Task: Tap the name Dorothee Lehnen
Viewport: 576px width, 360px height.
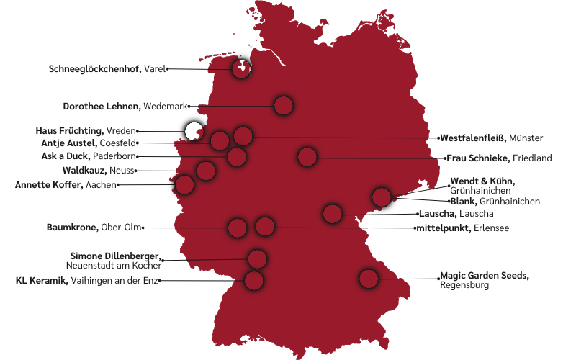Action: pyautogui.click(x=102, y=107)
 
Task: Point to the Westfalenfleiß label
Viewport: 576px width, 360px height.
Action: pyautogui.click(x=472, y=138)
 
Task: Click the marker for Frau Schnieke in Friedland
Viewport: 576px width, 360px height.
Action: pyautogui.click(x=307, y=157)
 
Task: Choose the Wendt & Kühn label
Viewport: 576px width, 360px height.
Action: pyautogui.click(x=482, y=181)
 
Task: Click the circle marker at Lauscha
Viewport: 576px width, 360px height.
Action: pyautogui.click(x=332, y=213)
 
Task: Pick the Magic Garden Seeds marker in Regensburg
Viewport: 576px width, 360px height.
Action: pyautogui.click(x=369, y=279)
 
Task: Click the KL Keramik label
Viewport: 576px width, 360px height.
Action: pyautogui.click(x=42, y=281)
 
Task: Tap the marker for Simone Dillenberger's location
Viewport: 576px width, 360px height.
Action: pyautogui.click(x=257, y=259)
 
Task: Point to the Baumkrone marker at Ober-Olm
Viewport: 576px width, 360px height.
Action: pyautogui.click(x=237, y=228)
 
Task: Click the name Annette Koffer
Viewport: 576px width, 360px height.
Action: pyautogui.click(x=48, y=185)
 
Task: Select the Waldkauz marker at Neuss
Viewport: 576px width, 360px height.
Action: pyautogui.click(x=206, y=171)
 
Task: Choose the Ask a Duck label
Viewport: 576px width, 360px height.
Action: pyautogui.click(x=66, y=156)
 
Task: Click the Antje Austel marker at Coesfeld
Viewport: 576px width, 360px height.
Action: pyautogui.click(x=220, y=140)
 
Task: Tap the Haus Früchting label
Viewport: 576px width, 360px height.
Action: pyautogui.click(x=69, y=131)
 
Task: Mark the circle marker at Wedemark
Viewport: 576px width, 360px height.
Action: pyautogui.click(x=284, y=106)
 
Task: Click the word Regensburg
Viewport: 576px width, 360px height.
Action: pyautogui.click(x=464, y=286)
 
